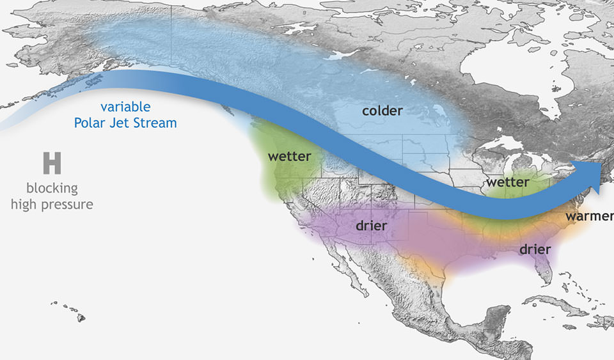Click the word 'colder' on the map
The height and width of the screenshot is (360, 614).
(382, 111)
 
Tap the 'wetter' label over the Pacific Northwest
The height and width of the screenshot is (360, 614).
(289, 157)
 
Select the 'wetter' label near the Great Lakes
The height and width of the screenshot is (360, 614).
(507, 183)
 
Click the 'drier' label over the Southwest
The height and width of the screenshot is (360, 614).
(372, 226)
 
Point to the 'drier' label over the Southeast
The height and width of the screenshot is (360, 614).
(535, 249)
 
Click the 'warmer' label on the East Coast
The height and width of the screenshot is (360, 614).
(588, 216)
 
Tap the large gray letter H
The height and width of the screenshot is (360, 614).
(52, 163)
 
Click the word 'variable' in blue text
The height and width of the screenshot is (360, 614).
(125, 107)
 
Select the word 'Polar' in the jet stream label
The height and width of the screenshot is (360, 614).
(90, 123)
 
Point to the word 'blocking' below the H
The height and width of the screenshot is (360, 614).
(52, 189)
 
